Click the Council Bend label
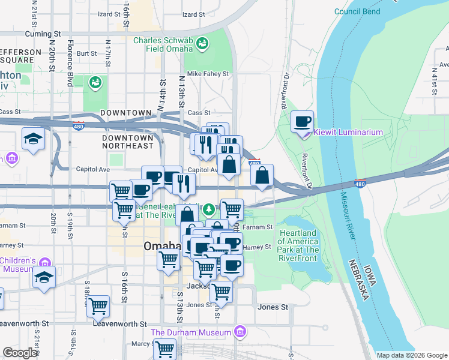[357, 11]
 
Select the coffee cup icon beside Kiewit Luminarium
[302, 122]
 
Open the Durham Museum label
[191, 332]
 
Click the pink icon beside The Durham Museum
[240, 332]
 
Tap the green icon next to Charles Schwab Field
[203, 43]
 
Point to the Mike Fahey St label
[208, 74]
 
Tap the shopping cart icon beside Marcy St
[164, 349]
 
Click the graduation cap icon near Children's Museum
[44, 277]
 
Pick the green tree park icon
[209, 209]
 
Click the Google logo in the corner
[20, 353]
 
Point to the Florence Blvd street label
[70, 62]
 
